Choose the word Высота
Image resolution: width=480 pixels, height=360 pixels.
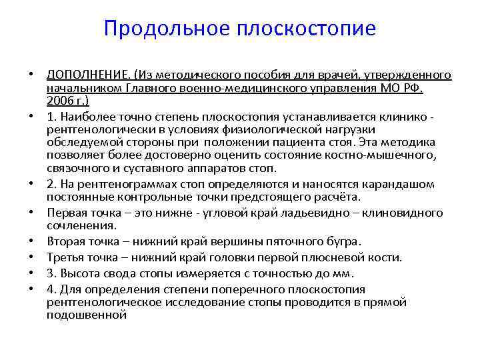tap(79, 273)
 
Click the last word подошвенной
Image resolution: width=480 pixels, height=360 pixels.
tap(87, 315)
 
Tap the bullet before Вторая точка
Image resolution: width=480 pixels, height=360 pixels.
tap(31, 242)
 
